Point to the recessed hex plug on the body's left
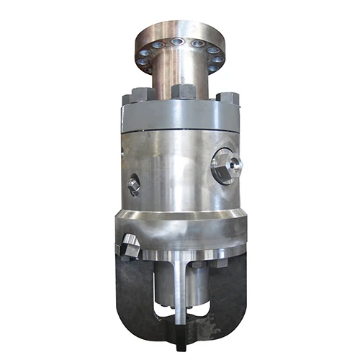pos(133,185)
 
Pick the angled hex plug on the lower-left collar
pos(130,246)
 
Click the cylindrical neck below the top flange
pos(180,76)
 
